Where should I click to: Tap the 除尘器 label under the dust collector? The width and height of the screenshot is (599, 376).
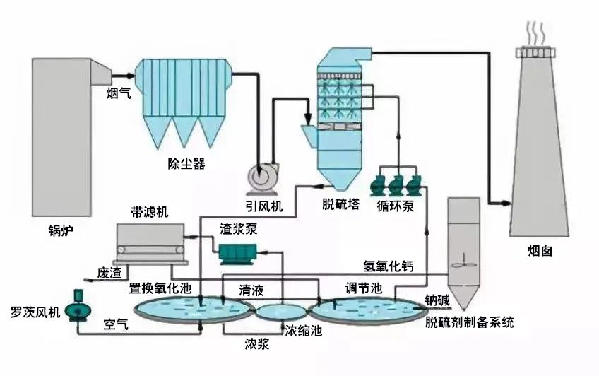coord(186,164)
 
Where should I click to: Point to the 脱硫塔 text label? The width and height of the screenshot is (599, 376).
coord(340,205)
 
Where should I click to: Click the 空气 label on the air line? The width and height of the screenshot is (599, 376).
coord(116,324)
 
